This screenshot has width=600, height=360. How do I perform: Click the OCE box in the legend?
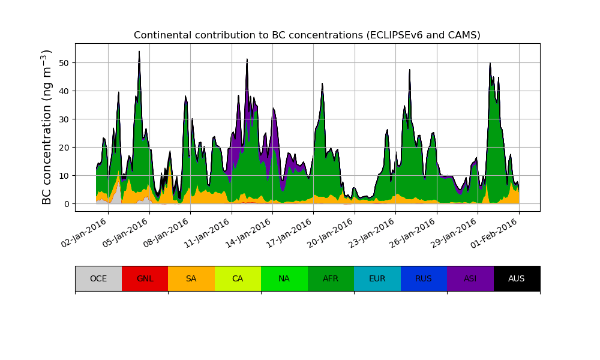[x=98, y=278]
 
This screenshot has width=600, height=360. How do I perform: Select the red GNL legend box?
[x=145, y=278]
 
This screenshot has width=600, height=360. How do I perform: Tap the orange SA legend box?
[x=191, y=278]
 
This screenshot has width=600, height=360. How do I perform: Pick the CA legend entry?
[x=238, y=278]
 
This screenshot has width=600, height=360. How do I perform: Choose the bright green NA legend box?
[x=284, y=278]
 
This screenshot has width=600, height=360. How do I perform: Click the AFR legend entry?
[x=331, y=278]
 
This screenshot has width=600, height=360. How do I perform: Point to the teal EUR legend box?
[x=377, y=278]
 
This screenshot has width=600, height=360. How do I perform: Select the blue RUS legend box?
[x=424, y=278]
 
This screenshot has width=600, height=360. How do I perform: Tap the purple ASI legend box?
[x=470, y=278]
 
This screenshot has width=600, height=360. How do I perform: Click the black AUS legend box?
[x=517, y=278]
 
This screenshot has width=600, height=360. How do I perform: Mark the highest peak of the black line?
[x=139, y=52]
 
